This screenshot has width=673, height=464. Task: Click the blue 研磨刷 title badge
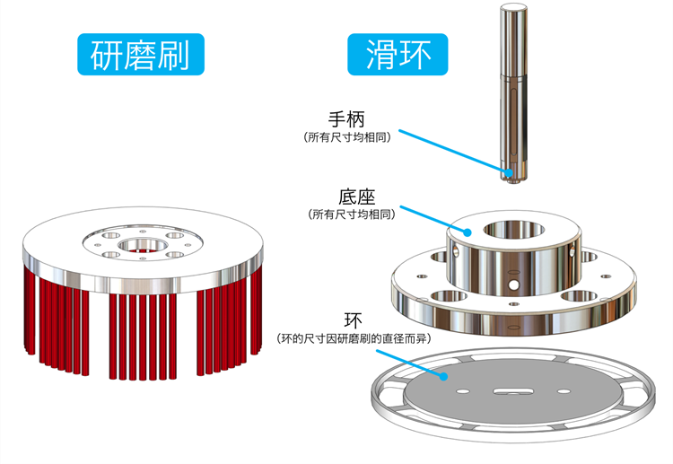[x=141, y=55]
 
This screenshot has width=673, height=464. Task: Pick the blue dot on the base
[x=467, y=232]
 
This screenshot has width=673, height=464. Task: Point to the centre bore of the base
[x=512, y=229]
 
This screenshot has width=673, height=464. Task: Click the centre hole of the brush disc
[x=141, y=244]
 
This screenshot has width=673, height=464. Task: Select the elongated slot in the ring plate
[x=508, y=390]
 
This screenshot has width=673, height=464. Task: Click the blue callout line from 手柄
[x=453, y=152]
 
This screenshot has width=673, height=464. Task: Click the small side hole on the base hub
[x=514, y=285]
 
